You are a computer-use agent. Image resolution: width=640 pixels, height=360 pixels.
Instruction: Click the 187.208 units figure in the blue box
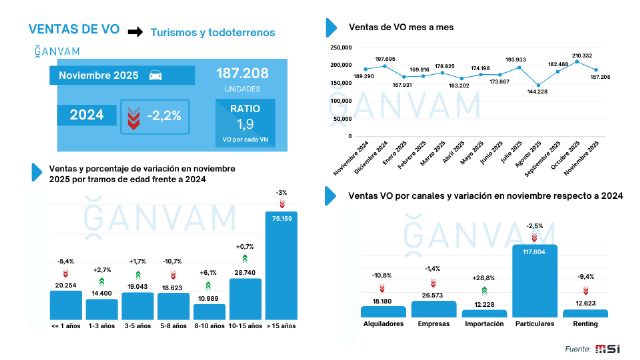click(x=244, y=74)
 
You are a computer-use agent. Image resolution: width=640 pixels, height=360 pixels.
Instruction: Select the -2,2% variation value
click(x=164, y=116)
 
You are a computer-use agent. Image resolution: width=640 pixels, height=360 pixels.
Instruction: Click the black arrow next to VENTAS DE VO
click(x=133, y=32)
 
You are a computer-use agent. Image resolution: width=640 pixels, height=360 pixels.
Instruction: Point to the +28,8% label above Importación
click(x=484, y=276)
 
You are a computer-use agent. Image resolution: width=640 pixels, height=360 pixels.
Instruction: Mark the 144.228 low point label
click(x=537, y=91)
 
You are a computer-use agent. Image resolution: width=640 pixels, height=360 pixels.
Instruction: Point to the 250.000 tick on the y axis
click(x=338, y=47)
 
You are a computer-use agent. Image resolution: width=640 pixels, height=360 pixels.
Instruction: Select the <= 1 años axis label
click(x=65, y=326)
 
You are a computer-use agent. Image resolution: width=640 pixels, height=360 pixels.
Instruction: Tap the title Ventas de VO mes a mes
click(x=397, y=26)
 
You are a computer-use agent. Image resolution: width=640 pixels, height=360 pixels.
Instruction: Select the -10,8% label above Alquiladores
click(x=380, y=274)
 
